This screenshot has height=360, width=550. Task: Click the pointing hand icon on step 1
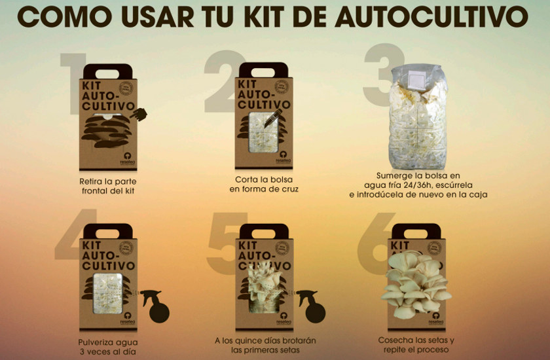[138, 115]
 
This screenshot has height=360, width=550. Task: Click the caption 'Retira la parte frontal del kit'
[106, 184]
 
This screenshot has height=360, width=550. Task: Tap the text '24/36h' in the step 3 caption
[409, 185]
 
